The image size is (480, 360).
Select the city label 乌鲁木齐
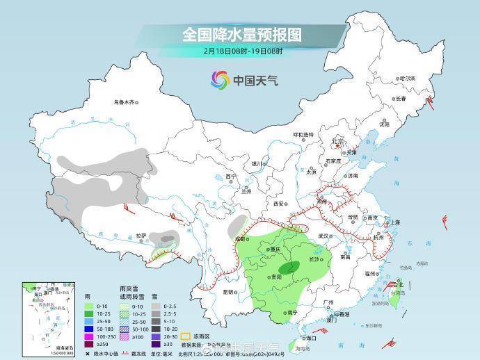point(124,102)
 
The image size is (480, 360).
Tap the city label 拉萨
point(142,236)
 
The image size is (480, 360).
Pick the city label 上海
point(395,222)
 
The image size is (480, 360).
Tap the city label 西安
point(279,204)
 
